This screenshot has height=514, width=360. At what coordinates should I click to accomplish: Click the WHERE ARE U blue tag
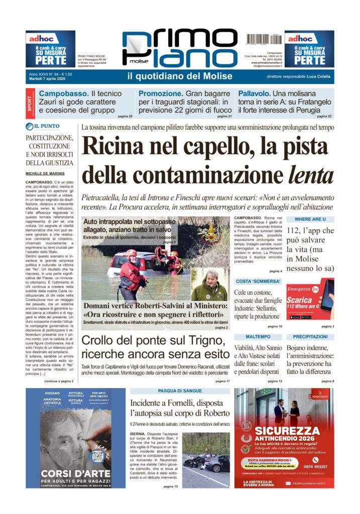click(x=310, y=219)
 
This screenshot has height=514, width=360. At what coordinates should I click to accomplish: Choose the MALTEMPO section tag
click(x=258, y=336)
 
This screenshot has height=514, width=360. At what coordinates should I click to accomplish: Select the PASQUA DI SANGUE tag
click(x=179, y=391)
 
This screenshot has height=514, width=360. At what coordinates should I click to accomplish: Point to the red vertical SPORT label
click(x=31, y=104)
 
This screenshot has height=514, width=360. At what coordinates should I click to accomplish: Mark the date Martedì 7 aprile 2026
click(x=50, y=79)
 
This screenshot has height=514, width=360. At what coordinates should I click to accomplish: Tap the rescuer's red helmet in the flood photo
click(x=131, y=253)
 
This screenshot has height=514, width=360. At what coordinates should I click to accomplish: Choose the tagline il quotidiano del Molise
click(x=180, y=76)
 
